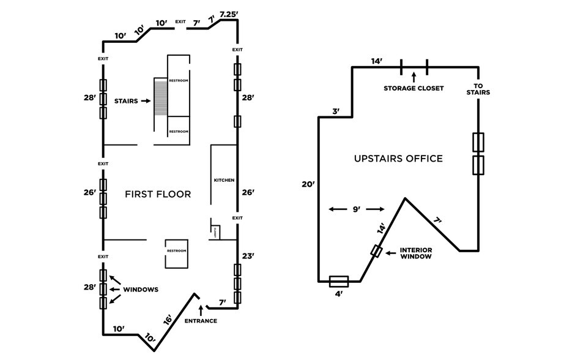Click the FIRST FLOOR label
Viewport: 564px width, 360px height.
point(158,194)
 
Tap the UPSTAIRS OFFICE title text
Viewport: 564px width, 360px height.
point(398,159)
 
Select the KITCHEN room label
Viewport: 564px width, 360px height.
point(223,180)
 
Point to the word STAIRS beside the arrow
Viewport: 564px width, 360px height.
point(126,101)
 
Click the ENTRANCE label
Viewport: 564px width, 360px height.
point(200,321)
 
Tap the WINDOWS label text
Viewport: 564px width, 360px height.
point(141,289)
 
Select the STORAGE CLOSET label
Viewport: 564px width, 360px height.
point(414,88)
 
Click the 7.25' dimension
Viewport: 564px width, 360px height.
point(228,13)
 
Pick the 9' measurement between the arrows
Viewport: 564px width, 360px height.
point(357,209)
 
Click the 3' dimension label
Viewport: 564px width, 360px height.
point(336,111)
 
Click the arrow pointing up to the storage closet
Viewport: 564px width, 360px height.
point(414,76)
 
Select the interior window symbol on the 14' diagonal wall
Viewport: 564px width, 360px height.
point(377,252)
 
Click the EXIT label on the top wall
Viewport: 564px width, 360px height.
point(180,22)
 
